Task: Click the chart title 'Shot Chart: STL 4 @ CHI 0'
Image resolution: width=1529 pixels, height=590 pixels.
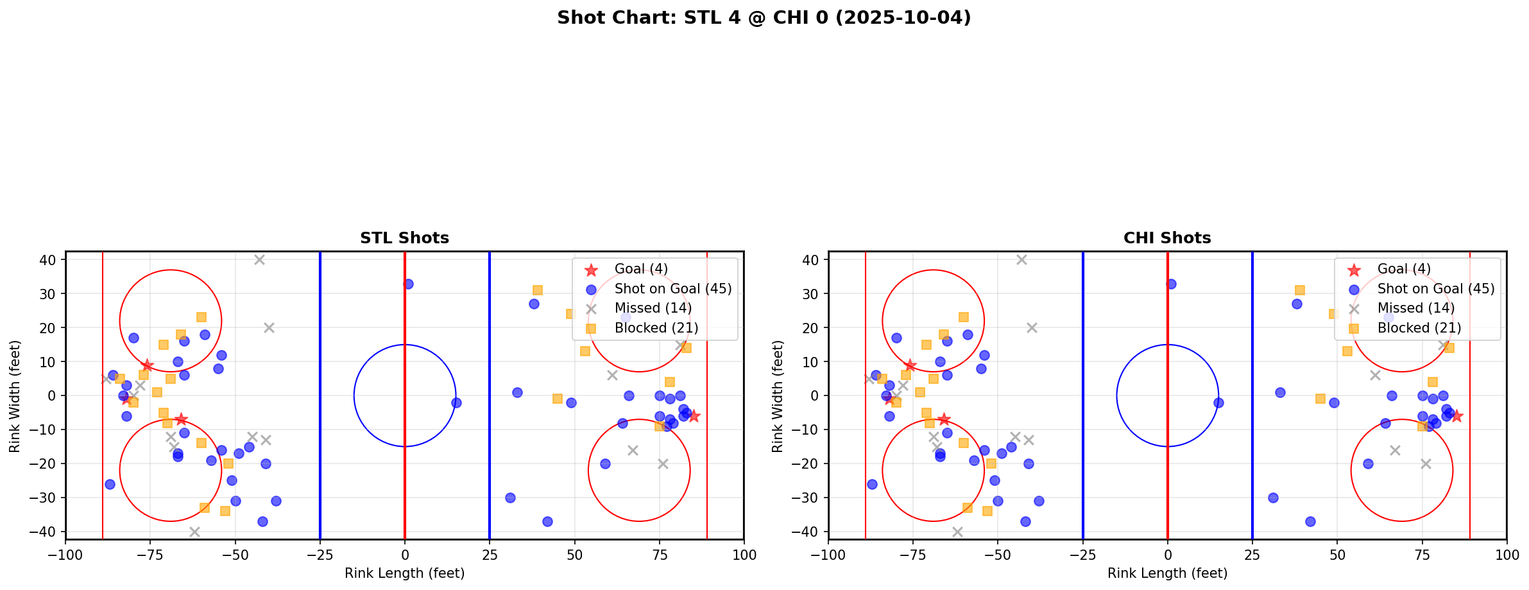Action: click(764, 18)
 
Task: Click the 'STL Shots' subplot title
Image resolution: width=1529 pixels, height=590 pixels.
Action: click(404, 238)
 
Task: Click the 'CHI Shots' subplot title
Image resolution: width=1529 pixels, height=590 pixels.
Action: click(1166, 238)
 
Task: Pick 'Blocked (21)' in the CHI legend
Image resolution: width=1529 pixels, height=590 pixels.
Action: click(1419, 328)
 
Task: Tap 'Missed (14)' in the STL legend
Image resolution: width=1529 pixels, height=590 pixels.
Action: click(653, 308)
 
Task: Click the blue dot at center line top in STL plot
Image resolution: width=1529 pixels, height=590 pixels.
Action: click(408, 284)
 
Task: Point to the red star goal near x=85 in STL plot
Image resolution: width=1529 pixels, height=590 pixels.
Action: click(693, 416)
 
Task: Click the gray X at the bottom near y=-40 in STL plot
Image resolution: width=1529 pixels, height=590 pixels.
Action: click(194, 532)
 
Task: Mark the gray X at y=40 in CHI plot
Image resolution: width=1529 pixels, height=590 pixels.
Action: click(1021, 259)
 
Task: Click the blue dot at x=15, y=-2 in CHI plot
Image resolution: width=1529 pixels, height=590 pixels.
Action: click(1218, 403)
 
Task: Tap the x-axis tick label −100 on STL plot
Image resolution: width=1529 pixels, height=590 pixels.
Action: click(65, 555)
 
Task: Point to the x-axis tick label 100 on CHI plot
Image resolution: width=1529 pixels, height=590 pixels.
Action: click(1506, 555)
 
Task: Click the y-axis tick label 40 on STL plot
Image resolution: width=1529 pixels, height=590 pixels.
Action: click(50, 260)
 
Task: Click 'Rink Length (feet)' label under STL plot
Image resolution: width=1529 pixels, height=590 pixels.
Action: click(404, 573)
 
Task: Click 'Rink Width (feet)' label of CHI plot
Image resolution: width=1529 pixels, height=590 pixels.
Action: click(778, 396)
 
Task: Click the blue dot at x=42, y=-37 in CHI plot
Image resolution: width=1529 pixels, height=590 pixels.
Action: click(1310, 521)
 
